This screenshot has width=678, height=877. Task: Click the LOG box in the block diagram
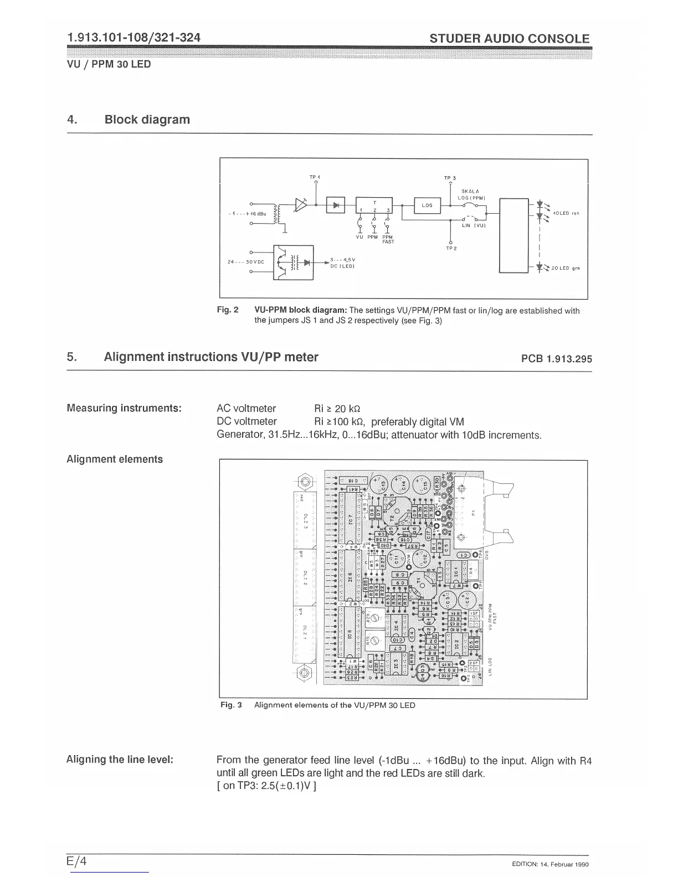[x=427, y=205]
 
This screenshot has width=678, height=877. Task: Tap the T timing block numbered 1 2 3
[x=374, y=205]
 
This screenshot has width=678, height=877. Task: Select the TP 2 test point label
[x=451, y=248]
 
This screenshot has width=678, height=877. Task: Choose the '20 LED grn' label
[x=564, y=268]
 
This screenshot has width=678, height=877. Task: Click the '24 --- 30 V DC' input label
[x=242, y=262]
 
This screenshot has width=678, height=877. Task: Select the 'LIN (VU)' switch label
[x=474, y=225]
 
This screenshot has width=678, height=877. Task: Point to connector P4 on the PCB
[x=472, y=512]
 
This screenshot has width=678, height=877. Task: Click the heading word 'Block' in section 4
[x=124, y=120]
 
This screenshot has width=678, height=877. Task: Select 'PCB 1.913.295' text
[x=556, y=359]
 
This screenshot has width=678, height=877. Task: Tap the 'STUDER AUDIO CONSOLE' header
[x=509, y=39]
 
